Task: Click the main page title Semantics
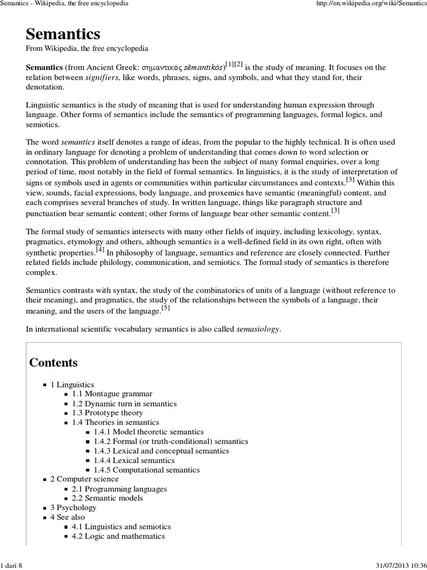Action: point(63,34)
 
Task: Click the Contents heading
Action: point(53,363)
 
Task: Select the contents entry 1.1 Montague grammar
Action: point(112,394)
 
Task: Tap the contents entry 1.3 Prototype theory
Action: point(107,413)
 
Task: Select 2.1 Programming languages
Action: point(119,489)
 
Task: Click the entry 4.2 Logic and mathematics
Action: point(118,537)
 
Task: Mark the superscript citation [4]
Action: point(100,249)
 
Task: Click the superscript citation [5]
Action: point(166,307)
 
